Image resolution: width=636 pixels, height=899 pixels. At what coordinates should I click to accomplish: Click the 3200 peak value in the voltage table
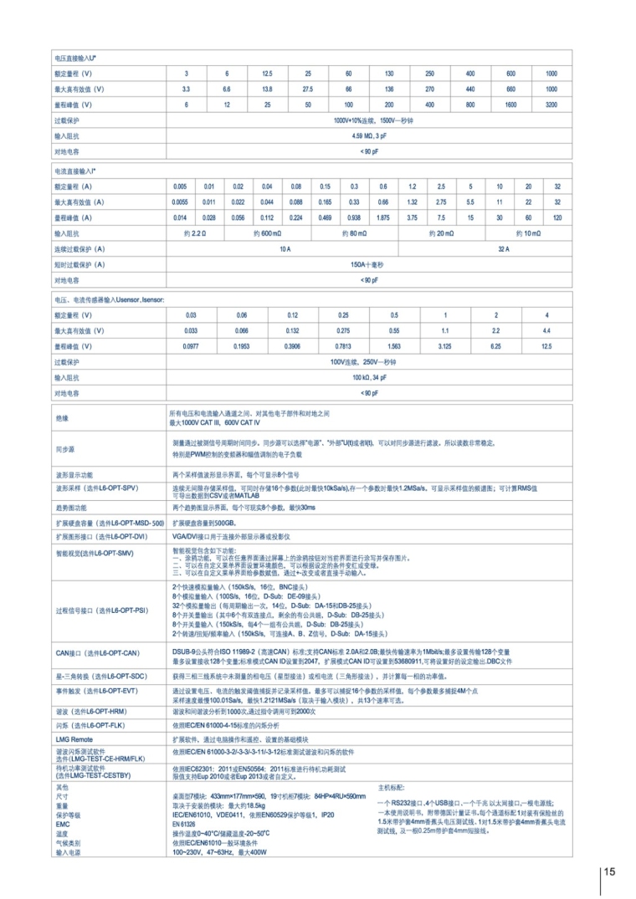click(x=551, y=105)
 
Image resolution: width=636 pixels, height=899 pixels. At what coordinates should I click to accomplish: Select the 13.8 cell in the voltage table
click(x=267, y=89)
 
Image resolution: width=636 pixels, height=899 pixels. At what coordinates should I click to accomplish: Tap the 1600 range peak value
click(x=510, y=105)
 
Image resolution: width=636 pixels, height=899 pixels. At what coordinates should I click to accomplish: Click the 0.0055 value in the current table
click(x=180, y=202)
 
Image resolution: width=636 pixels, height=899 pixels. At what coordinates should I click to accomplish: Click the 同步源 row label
click(x=65, y=449)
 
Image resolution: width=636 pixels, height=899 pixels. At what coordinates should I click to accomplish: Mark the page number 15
click(x=608, y=871)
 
